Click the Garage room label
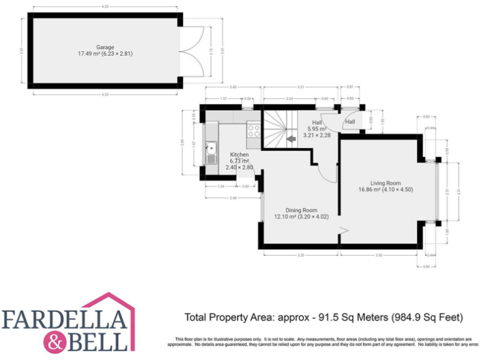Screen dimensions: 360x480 [104, 47]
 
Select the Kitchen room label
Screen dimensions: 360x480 [239, 154]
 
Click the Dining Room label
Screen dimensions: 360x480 [301, 210]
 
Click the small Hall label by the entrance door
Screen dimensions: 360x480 [350, 121]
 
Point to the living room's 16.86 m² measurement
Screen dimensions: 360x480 [370, 189]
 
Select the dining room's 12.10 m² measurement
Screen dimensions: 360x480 [286, 217]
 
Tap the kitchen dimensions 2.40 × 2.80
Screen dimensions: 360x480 [239, 167]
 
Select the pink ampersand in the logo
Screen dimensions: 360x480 [54, 342]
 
